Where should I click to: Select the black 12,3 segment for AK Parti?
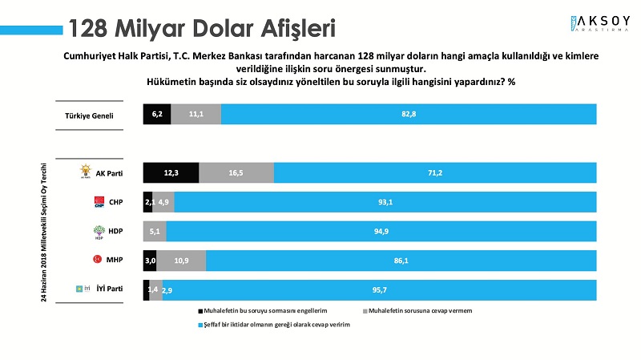pos(171,173)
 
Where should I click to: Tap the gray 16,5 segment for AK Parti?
pos(236,173)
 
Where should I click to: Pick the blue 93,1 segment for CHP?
pos(385,202)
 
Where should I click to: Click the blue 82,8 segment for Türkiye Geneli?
pos(409,115)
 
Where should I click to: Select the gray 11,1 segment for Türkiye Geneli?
pos(196,115)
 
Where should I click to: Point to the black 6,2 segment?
pos(156,115)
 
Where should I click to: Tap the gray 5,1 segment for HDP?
pos(155,231)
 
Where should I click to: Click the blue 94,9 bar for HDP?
pos(381,231)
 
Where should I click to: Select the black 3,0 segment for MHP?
pos(149,260)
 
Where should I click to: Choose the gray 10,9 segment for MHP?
pos(181,260)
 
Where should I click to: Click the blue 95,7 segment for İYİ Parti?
pos(379,289)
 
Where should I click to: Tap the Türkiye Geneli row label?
pos(90,115)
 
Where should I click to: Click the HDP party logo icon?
pos(99,232)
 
